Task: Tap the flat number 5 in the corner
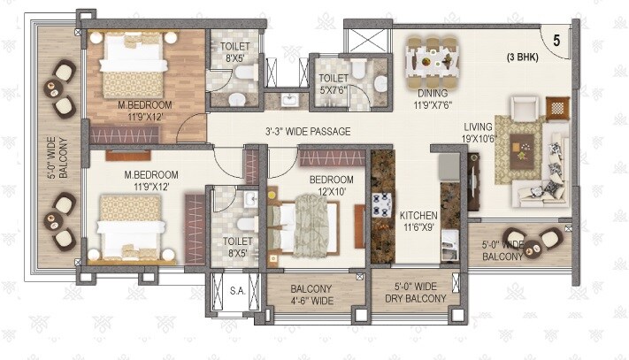pyautogui.click(x=556, y=40)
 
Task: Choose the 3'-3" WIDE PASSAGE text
pyautogui.click(x=308, y=132)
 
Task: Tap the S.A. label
pyautogui.click(x=238, y=289)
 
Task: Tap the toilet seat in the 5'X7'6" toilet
pyautogui.click(x=380, y=82)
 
